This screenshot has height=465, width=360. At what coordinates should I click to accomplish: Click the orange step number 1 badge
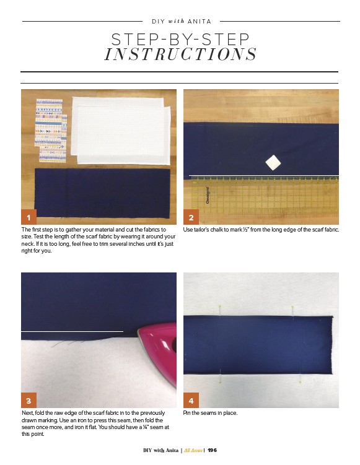(29, 217)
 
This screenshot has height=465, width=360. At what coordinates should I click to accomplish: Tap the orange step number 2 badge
(191, 217)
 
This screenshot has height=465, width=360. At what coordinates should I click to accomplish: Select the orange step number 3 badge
(29, 401)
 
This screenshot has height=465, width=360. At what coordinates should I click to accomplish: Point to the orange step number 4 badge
(191, 401)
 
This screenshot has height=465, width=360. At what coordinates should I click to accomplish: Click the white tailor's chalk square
(273, 162)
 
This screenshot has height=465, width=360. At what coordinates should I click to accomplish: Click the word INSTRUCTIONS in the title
(180, 54)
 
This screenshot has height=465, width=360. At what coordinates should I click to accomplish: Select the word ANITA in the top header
(199, 21)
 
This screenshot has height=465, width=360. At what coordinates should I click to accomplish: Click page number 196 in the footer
(212, 450)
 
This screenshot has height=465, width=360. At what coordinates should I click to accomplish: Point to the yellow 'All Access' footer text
(193, 450)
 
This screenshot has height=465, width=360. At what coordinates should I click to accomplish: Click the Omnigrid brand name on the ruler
(208, 195)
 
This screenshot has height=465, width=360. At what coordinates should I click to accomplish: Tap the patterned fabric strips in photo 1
(51, 131)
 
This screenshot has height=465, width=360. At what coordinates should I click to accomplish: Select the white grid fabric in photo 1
(121, 131)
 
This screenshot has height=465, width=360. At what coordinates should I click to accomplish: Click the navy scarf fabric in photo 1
(102, 193)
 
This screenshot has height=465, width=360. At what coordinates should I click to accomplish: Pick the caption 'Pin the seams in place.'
(210, 413)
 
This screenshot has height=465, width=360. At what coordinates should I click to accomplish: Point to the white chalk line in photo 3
(72, 331)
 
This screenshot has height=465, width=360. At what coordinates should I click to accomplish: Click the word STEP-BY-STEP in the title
(180, 40)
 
